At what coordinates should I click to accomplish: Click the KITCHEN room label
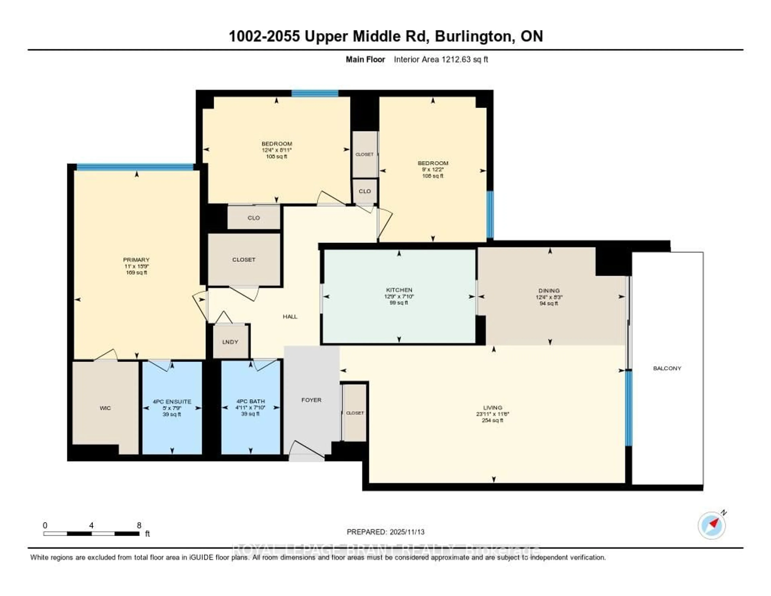tap(399, 290)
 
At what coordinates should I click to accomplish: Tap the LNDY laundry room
tap(230, 342)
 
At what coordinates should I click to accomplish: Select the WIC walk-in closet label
tap(105, 408)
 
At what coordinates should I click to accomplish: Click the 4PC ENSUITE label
tap(172, 401)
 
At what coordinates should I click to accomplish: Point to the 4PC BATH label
tap(250, 401)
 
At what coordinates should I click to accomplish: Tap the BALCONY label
tap(667, 368)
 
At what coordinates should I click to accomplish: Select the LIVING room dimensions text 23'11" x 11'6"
tap(493, 414)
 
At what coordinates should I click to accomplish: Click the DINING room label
tap(549, 290)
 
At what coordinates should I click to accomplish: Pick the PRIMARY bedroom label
tap(136, 260)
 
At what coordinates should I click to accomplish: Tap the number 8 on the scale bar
tap(139, 525)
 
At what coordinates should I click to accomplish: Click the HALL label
tap(290, 316)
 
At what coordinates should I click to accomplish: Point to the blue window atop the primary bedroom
tap(135, 167)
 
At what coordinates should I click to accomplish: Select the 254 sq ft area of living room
tap(493, 420)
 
